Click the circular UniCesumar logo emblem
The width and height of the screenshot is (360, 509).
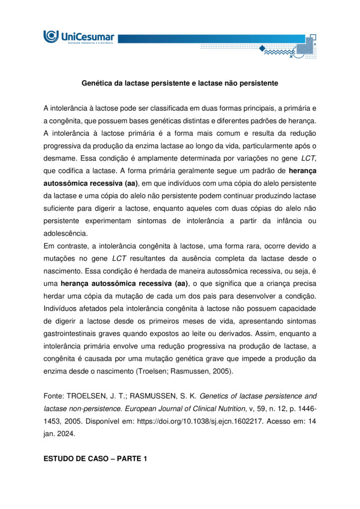click(x=51, y=36)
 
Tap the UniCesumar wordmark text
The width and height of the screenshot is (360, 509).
click(x=87, y=36)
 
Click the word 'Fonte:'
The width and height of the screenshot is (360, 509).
click(x=54, y=396)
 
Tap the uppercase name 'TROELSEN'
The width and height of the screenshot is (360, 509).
click(x=88, y=396)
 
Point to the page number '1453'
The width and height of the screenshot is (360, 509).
click(x=53, y=421)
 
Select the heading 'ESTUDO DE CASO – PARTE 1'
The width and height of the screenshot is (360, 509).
click(x=95, y=459)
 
